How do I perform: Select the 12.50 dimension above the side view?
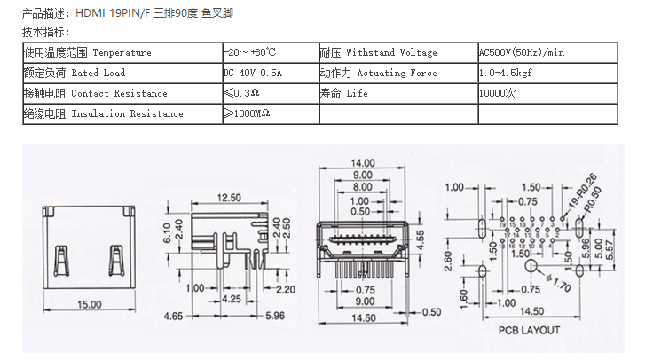(229, 197)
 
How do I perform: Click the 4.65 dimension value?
(173, 315)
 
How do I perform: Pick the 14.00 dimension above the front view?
(362, 163)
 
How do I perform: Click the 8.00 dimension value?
(362, 187)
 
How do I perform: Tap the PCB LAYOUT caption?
(529, 330)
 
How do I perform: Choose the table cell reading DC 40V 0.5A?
(252, 73)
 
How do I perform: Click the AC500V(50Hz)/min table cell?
(522, 52)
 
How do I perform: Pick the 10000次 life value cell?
(497, 93)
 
